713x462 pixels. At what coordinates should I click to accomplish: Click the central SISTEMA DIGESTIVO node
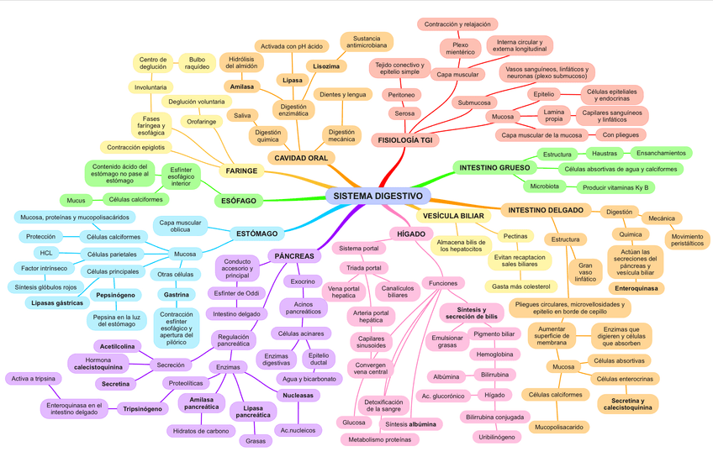(x=378, y=196)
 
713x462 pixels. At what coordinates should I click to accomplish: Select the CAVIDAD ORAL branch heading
(x=301, y=158)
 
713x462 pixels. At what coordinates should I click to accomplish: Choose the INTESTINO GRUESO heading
(x=494, y=167)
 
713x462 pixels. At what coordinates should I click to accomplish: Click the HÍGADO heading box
(x=412, y=233)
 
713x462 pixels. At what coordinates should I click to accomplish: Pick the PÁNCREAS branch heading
(x=294, y=255)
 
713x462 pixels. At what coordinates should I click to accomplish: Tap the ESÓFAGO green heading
(x=239, y=201)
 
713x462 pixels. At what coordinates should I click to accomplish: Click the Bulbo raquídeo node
(x=198, y=63)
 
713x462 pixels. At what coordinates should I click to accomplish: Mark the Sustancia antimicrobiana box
(x=367, y=41)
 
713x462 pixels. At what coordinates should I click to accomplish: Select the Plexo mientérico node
(x=460, y=48)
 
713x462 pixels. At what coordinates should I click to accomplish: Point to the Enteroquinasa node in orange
(x=636, y=288)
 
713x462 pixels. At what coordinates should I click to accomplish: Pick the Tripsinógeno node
(x=142, y=409)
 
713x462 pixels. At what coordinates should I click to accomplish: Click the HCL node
(x=46, y=253)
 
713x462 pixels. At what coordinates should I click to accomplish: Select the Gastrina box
(x=176, y=295)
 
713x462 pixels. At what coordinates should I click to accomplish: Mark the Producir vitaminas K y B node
(x=615, y=187)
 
